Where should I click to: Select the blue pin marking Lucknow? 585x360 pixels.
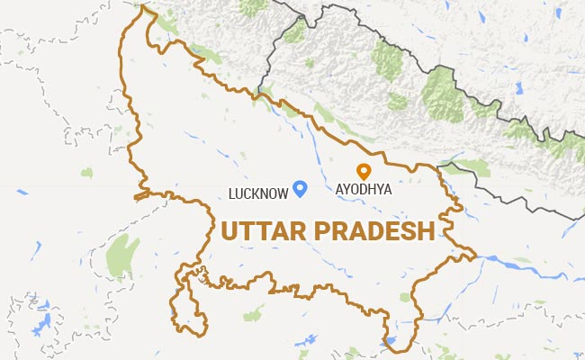[301, 187]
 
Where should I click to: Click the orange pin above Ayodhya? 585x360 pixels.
[364, 171]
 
